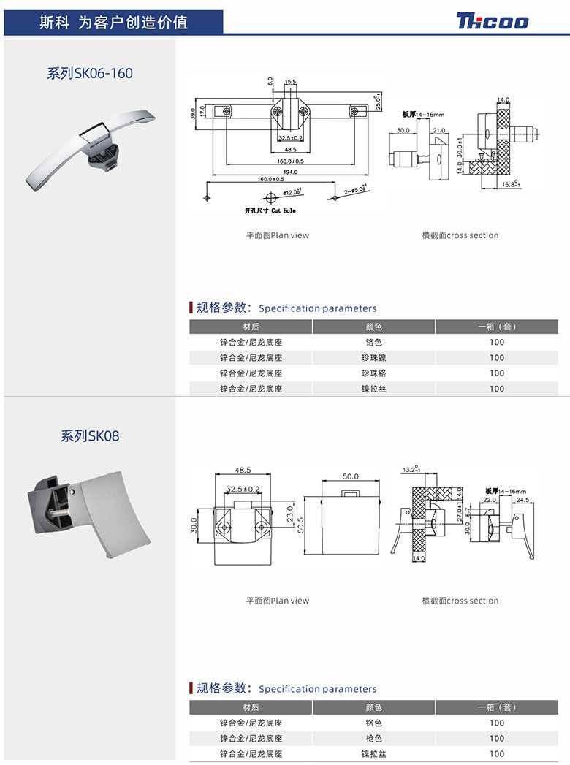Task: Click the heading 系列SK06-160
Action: click(x=90, y=73)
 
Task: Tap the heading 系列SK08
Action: click(x=90, y=436)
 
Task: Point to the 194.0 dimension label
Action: click(x=291, y=172)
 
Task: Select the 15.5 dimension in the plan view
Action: click(x=290, y=82)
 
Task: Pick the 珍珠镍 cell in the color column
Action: click(x=373, y=357)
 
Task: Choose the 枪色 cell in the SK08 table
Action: click(x=373, y=738)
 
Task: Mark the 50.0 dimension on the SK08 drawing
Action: click(x=351, y=476)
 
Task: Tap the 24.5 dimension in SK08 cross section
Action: click(x=522, y=500)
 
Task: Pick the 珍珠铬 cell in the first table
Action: click(x=373, y=373)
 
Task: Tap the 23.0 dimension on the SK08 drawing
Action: click(x=290, y=514)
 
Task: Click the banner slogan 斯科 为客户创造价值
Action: click(x=113, y=22)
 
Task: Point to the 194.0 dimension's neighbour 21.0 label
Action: click(x=439, y=130)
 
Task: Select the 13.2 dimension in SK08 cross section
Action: click(x=409, y=469)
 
